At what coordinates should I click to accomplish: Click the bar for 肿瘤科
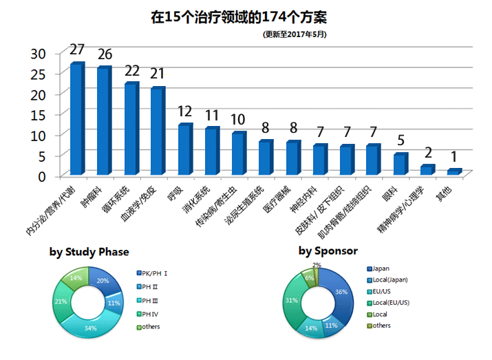coord(104,121)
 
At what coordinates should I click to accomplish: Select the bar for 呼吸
coord(184,150)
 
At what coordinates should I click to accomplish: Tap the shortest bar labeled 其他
coord(453,171)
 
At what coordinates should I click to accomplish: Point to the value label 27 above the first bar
coord(77,50)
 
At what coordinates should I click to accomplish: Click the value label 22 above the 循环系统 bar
coord(131,70)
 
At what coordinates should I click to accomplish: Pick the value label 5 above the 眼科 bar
coord(400,141)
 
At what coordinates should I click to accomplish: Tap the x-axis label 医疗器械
coord(282,200)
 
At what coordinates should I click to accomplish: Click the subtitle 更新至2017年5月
coord(295,33)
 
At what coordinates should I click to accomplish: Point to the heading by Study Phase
coord(89,252)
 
